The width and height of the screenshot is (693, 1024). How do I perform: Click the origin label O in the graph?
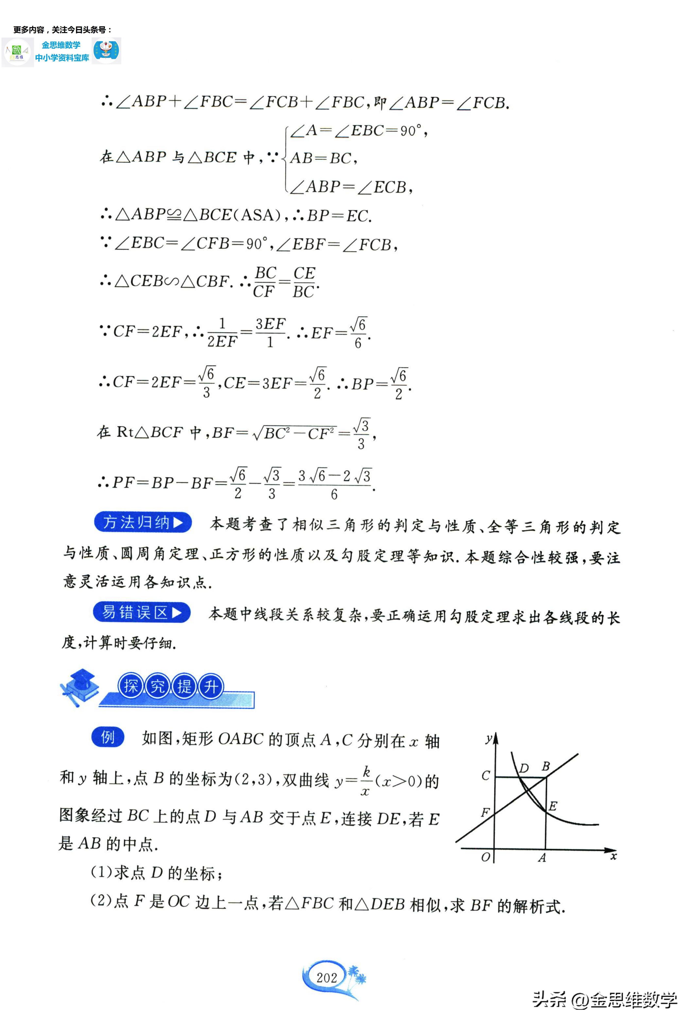point(485,857)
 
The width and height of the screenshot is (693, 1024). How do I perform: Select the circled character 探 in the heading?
point(131,686)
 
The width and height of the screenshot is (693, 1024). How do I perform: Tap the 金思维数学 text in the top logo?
point(61,45)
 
